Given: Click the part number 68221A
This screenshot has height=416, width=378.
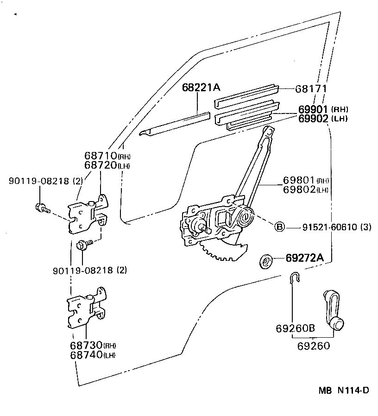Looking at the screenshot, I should (x=200, y=87).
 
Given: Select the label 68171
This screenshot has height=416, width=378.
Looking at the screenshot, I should (x=311, y=88).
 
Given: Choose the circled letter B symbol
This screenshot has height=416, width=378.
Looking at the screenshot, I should (x=279, y=227).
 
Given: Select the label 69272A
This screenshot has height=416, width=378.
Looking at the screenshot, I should (x=304, y=258).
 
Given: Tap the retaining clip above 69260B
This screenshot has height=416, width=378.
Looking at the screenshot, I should (x=294, y=278).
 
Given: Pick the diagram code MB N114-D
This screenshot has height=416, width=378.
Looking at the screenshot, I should (x=343, y=391).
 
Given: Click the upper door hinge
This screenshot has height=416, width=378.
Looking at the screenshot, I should (x=88, y=214).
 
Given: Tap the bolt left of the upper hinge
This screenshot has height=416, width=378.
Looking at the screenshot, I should (x=41, y=208).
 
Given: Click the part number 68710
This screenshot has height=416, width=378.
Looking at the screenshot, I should (x=100, y=156).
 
